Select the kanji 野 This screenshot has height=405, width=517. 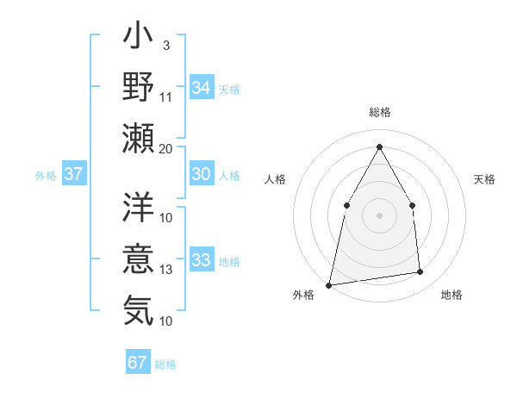pyautogui.click(x=138, y=86)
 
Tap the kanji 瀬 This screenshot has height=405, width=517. pyautogui.click(x=138, y=136)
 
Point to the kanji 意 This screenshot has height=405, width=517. pyautogui.click(x=138, y=258)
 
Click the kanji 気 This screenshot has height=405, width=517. pyautogui.click(x=138, y=308)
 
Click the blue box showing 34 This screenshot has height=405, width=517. pyautogui.click(x=201, y=87)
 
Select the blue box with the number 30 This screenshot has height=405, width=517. pyautogui.click(x=201, y=174)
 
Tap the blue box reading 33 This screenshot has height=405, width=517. pyautogui.click(x=201, y=260)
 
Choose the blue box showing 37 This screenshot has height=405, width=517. pyautogui.click(x=74, y=174)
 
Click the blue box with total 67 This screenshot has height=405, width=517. pyautogui.click(x=138, y=363)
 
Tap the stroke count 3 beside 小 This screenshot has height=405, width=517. pyautogui.click(x=165, y=46)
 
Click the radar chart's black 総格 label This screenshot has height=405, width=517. pyautogui.click(x=380, y=112)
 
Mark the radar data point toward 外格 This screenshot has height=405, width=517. pyautogui.click(x=328, y=284)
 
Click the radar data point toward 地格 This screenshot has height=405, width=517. pyautogui.click(x=420, y=272)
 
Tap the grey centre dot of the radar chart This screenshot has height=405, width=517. pyautogui.click(x=379, y=215)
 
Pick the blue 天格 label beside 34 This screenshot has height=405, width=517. pyautogui.click(x=229, y=89)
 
